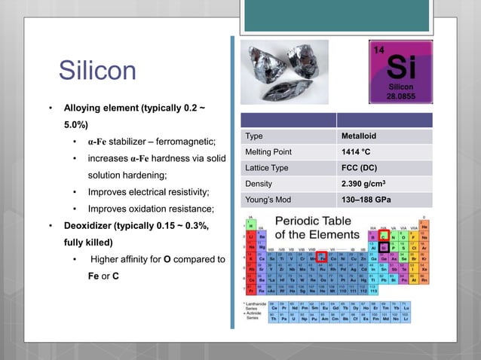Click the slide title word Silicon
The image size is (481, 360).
point(97,72)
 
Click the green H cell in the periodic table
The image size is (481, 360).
point(250,225)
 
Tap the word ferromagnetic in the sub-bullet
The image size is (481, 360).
point(185,142)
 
